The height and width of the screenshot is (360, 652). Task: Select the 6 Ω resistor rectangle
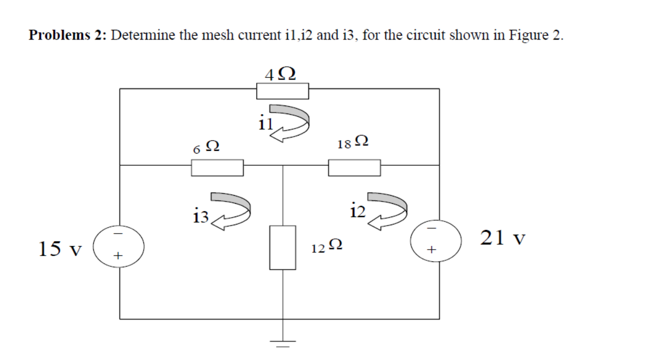[x=218, y=167]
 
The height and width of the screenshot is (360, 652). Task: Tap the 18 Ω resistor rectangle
[x=354, y=167]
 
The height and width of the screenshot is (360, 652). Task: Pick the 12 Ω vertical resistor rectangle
[x=282, y=247]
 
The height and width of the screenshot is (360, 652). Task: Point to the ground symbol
[x=282, y=342]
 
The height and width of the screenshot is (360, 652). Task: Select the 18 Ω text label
[x=353, y=142]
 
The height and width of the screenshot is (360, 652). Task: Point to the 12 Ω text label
[x=327, y=246]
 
